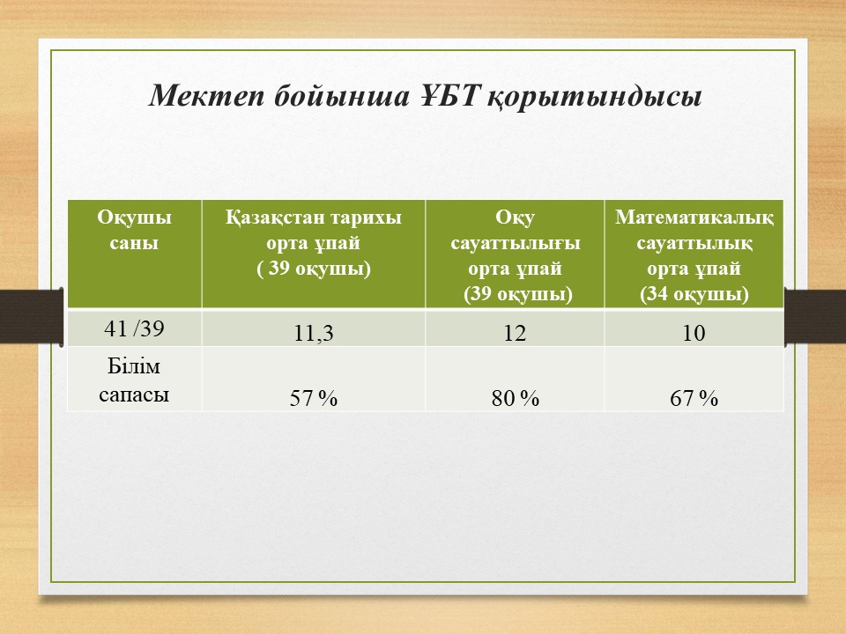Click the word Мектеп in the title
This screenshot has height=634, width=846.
click(x=206, y=97)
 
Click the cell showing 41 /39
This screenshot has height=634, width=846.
click(x=134, y=328)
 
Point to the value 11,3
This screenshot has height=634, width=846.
click(x=314, y=333)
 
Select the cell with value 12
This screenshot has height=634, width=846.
click(x=515, y=333)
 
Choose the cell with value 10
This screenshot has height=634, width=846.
click(x=694, y=333)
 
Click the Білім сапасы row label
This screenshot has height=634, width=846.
click(x=134, y=380)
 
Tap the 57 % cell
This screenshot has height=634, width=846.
click(x=314, y=398)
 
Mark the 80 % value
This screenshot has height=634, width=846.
click(x=515, y=398)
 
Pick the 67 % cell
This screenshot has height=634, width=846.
click(x=694, y=398)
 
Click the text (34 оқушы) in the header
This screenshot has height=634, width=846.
click(x=694, y=294)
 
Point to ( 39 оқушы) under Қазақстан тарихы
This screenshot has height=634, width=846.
click(x=314, y=269)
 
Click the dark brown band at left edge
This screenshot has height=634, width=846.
click(x=32, y=316)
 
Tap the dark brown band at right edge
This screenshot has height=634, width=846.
click(x=814, y=317)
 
